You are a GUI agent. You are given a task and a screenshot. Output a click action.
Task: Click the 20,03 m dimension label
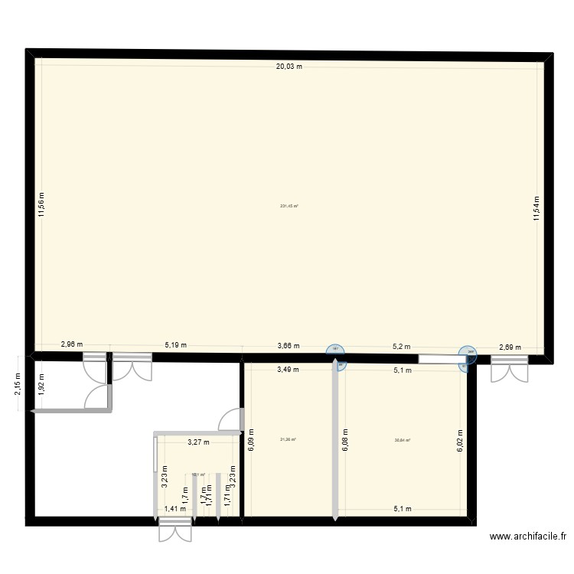[289, 67]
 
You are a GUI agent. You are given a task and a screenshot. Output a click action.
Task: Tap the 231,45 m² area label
[289, 205]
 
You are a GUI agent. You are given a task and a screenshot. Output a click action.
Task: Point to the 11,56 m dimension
[42, 204]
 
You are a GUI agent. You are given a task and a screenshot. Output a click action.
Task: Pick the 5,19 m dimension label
[177, 345]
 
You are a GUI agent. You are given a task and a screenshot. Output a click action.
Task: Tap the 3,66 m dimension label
[289, 346]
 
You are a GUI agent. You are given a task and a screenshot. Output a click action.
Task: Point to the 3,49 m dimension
[289, 370]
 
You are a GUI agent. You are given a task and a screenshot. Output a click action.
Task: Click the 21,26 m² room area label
[289, 439]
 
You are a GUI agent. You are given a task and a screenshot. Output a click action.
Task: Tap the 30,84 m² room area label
[403, 440]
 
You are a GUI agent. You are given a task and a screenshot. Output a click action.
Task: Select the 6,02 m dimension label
[461, 440]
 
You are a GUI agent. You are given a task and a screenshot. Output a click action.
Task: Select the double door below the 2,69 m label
[509, 369]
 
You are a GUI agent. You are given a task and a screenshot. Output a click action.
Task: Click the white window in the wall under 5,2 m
[438, 358]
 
